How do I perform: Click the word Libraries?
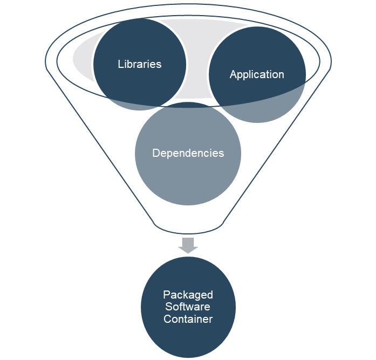(139, 64)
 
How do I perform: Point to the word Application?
(257, 74)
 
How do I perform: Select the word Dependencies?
(188, 153)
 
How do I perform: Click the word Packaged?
(188, 295)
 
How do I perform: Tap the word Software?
(188, 307)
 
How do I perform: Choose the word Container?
(188, 319)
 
